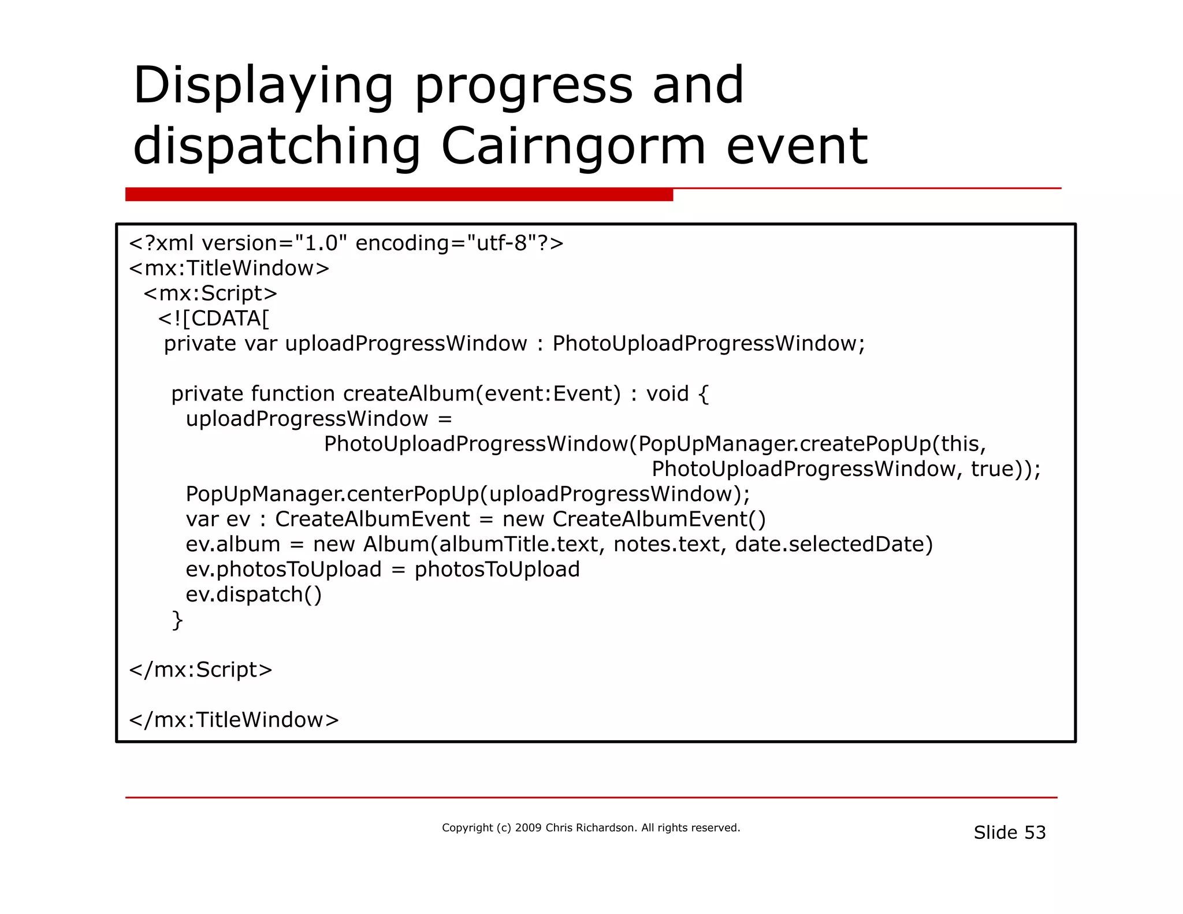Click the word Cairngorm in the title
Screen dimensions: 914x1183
[x=573, y=146]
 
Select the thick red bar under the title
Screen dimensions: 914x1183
[x=399, y=195]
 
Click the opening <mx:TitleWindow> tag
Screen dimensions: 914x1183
[x=229, y=269]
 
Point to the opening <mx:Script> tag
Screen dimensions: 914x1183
[x=210, y=293]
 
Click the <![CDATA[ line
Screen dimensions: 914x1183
[x=214, y=318]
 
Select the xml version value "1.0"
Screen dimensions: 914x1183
[x=321, y=243]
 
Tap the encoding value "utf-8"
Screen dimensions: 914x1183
[x=502, y=243]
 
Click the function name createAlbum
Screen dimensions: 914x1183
[x=408, y=394]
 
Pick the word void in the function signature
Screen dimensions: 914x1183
[x=667, y=394]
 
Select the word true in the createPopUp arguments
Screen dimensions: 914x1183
[x=992, y=469]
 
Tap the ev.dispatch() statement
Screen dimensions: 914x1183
[x=254, y=595]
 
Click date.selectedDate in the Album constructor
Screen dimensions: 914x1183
[x=834, y=544]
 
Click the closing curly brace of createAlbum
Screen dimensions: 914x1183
[x=177, y=620]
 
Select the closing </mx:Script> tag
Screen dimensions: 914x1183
[x=200, y=670]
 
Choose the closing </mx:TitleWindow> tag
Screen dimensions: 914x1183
[x=234, y=720]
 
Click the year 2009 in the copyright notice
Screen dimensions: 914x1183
[x=528, y=828]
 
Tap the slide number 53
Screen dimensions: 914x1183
[x=1035, y=833]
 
